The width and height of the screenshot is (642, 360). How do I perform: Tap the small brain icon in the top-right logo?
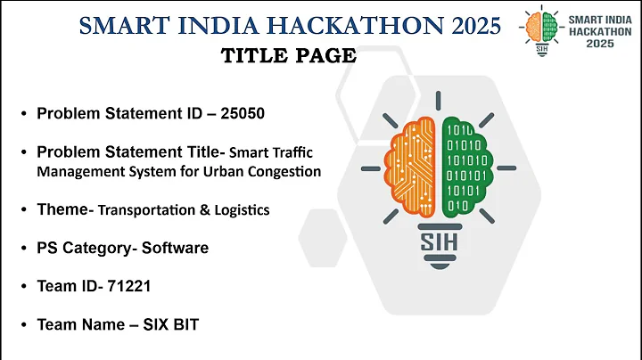(537, 27)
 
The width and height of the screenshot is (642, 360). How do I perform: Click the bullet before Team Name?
(23, 325)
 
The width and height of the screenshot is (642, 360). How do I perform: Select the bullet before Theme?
(23, 210)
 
